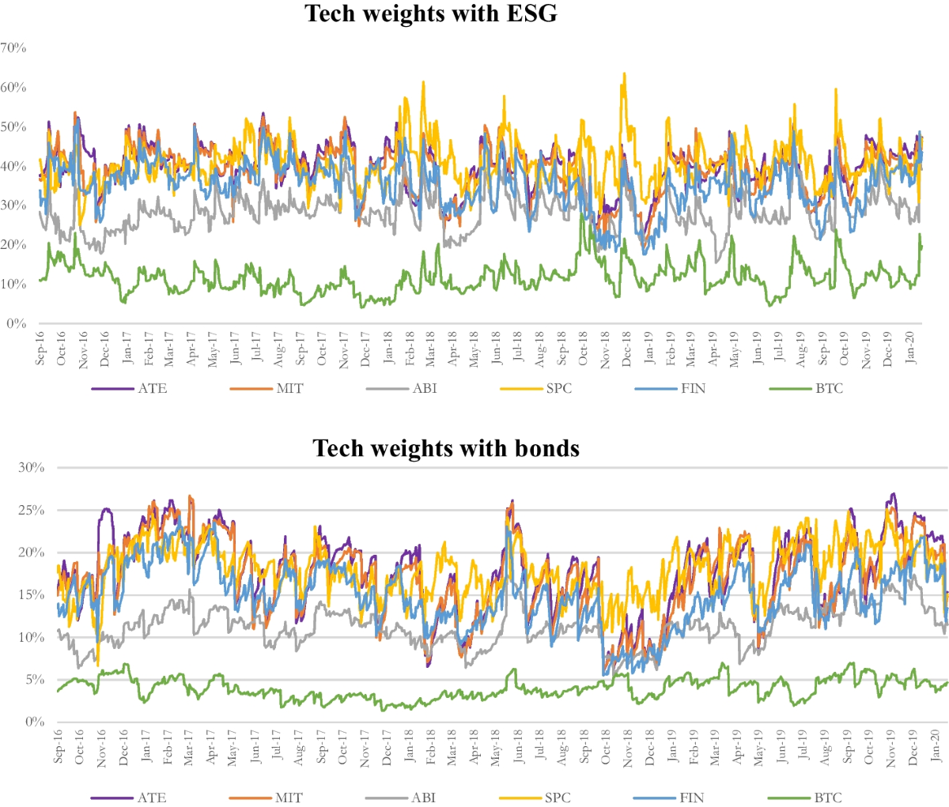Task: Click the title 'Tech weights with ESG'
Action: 431,13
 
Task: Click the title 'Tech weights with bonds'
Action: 446,448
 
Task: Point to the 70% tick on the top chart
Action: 13,47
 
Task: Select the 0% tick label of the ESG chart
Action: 17,323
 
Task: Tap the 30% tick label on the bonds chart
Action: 31,467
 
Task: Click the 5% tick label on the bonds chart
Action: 34,680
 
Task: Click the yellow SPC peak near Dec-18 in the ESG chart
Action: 624,74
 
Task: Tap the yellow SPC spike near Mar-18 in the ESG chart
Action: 423,82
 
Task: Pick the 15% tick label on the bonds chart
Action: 31,595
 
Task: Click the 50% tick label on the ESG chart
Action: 13,126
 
